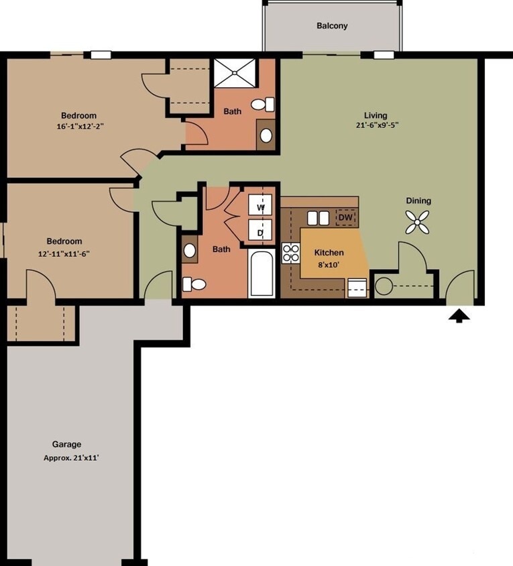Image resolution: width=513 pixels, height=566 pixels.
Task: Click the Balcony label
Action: [x=332, y=26]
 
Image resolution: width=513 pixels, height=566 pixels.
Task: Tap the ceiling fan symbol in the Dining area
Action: [x=417, y=222]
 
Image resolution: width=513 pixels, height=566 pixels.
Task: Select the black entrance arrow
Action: [x=459, y=315]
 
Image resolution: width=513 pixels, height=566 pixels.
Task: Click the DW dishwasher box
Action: [x=345, y=217]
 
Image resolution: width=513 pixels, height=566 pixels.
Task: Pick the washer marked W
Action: [x=261, y=207]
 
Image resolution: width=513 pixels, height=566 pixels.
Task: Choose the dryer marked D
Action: [x=261, y=233]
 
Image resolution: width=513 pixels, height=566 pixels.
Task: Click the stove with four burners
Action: [x=291, y=253]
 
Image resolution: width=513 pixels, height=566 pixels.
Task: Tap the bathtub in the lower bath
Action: [x=262, y=274]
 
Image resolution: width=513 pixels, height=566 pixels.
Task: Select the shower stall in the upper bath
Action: [x=235, y=73]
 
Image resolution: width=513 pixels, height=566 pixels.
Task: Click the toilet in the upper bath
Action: [x=263, y=105]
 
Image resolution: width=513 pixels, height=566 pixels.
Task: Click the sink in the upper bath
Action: [x=266, y=135]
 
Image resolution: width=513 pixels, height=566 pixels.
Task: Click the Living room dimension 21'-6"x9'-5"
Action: [x=381, y=125]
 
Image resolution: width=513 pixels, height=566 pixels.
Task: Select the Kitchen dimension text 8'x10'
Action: [x=329, y=264]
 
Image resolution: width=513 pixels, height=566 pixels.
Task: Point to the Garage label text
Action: [x=66, y=444]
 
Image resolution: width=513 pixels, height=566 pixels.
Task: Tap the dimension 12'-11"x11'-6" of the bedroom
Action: [x=64, y=253]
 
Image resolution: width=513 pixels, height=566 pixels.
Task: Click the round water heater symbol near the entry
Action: [x=383, y=286]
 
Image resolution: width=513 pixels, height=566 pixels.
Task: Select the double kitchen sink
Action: [x=318, y=218]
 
